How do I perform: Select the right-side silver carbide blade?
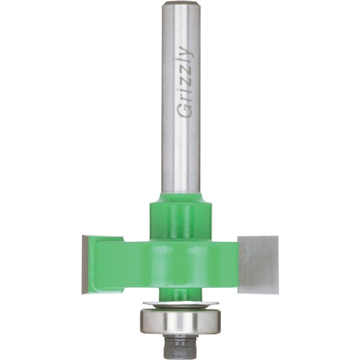point(258,259)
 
